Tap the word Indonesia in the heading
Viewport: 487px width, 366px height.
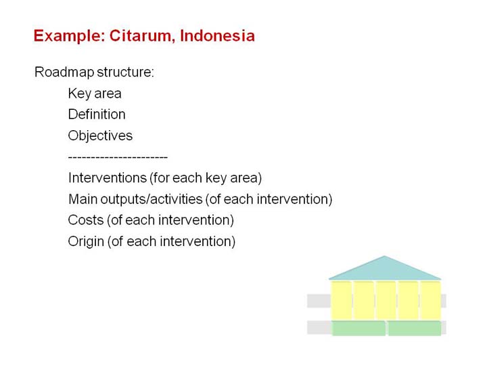pos(217,35)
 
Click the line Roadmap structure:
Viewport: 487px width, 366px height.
pos(94,73)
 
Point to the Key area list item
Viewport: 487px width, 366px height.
pos(95,94)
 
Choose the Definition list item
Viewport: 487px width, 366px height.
pos(97,115)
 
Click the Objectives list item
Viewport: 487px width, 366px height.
pos(100,136)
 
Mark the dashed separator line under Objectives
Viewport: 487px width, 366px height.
pos(118,157)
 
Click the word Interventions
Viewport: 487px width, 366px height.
pos(108,178)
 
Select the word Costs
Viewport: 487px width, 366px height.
pos(86,220)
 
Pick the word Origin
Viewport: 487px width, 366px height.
pos(86,241)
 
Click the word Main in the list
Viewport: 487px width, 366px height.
pos(83,199)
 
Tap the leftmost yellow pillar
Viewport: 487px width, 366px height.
pos(342,300)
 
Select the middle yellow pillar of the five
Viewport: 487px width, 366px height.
pos(386,300)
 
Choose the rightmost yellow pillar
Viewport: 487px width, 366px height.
pos(430,300)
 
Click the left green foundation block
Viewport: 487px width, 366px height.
pos(358,328)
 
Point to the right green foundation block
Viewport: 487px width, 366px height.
pos(415,328)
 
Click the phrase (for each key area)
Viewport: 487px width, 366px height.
pos(206,178)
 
